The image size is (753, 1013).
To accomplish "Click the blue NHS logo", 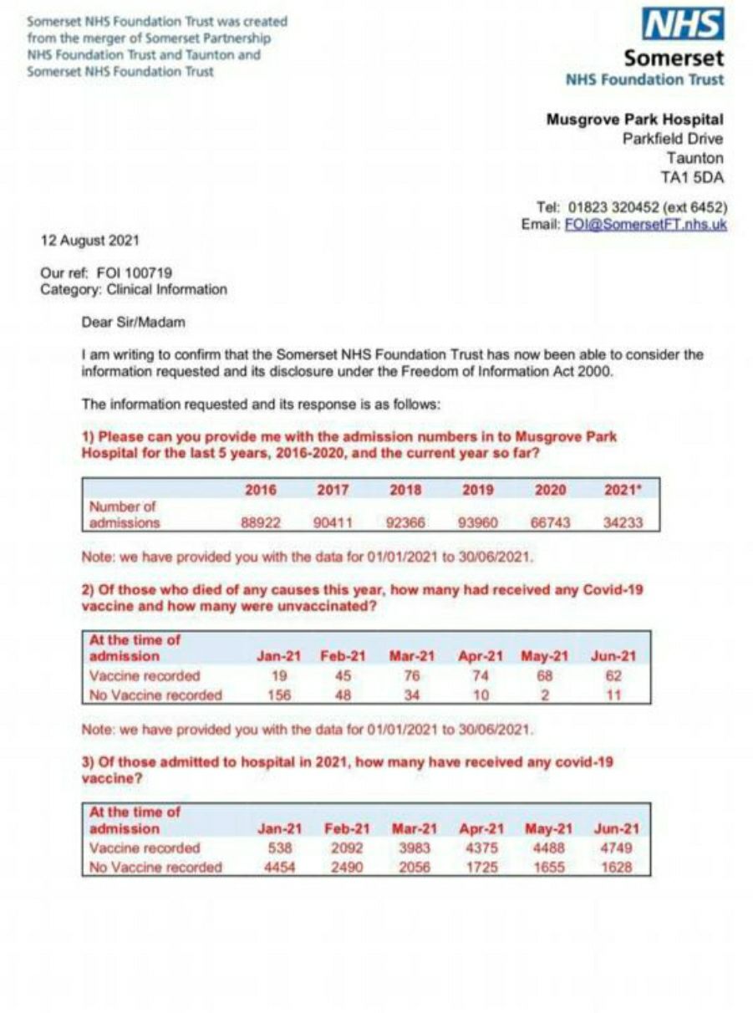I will (x=682, y=25).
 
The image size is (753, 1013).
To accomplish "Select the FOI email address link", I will (x=646, y=225).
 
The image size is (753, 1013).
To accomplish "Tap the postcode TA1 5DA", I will (x=692, y=177).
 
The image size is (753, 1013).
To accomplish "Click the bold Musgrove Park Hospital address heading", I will (x=635, y=120).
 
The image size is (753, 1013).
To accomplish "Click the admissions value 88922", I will (x=261, y=523).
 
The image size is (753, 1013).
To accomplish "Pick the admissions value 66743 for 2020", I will (x=550, y=523).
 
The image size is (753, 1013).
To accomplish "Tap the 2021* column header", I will (x=621, y=491).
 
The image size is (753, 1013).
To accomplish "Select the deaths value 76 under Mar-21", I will (x=411, y=675).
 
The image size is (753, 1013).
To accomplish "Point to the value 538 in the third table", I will (x=278, y=848).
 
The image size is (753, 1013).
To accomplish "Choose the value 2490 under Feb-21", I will (x=346, y=867).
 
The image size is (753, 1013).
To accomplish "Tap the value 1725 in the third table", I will (x=481, y=867).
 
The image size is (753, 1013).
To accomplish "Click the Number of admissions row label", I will (x=124, y=515).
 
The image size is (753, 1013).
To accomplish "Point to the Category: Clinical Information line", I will (x=134, y=289).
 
